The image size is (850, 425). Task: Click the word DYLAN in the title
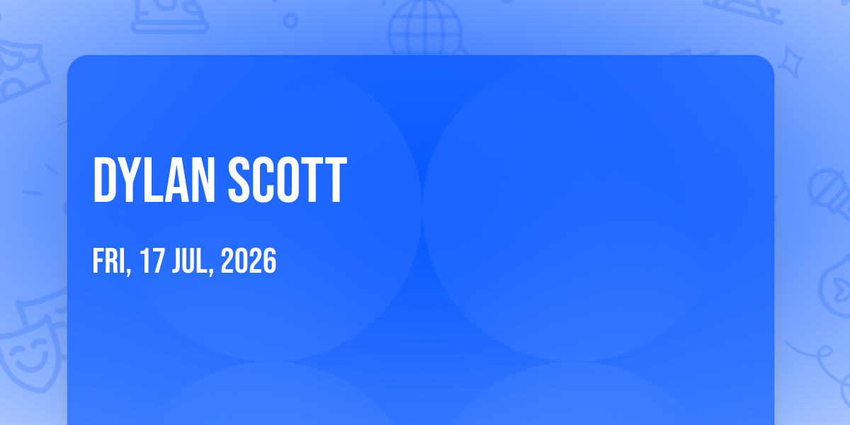click(154, 180)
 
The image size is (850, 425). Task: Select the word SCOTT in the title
click(288, 180)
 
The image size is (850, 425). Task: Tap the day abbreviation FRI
click(110, 261)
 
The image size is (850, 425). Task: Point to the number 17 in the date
click(152, 261)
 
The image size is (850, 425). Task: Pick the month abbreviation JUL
click(191, 261)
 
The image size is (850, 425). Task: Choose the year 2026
click(249, 261)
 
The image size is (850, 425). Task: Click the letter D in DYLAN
click(105, 180)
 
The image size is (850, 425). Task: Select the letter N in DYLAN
click(203, 180)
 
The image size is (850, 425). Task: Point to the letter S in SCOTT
click(239, 180)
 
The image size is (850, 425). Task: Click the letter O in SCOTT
click(288, 180)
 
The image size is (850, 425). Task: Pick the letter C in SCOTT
click(263, 180)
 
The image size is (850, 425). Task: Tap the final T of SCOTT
click(336, 180)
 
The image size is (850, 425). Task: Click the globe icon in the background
click(425, 28)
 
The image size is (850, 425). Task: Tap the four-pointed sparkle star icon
click(790, 62)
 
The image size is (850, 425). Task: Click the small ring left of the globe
click(290, 21)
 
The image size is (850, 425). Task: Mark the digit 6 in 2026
click(270, 261)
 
